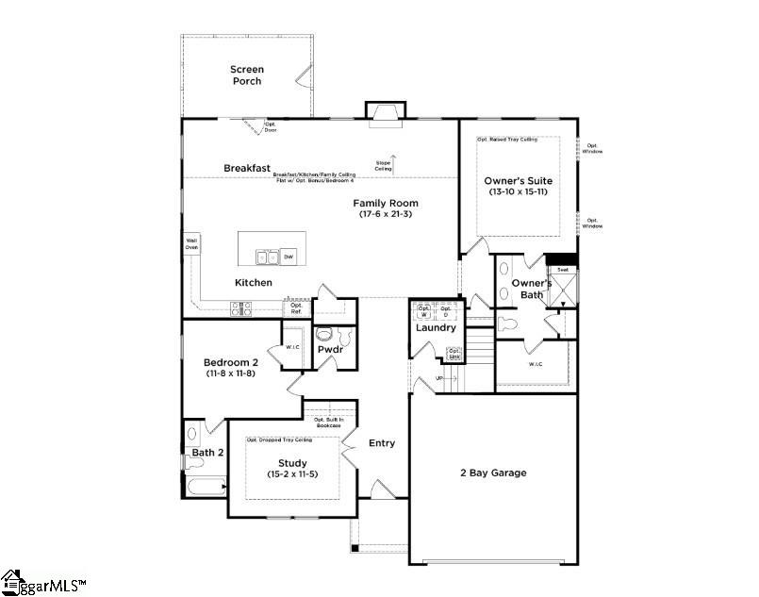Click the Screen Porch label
(x=246, y=75)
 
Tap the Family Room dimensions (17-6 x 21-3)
(x=387, y=215)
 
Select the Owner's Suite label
(x=519, y=181)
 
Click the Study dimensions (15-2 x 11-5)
(x=292, y=474)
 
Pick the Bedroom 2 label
(x=230, y=362)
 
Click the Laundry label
(x=436, y=328)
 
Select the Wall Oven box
(x=191, y=243)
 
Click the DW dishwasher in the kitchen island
(x=289, y=257)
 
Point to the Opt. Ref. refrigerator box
(x=297, y=307)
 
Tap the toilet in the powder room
(x=324, y=335)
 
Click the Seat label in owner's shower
(x=563, y=270)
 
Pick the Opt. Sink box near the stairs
(x=454, y=355)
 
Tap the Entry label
(x=382, y=443)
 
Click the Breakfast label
(x=247, y=168)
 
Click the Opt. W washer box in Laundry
(x=423, y=310)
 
